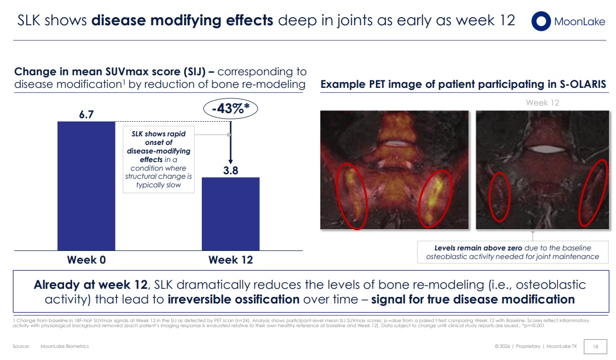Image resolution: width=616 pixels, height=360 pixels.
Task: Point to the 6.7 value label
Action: point(86,115)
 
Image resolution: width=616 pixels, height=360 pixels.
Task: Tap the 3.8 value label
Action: point(231,171)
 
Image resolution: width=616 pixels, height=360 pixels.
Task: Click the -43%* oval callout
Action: point(231,109)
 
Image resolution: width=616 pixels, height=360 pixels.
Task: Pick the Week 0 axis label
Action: point(86,260)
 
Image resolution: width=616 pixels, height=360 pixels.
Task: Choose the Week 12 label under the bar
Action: point(231,260)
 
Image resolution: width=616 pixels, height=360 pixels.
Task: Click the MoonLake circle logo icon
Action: point(540,21)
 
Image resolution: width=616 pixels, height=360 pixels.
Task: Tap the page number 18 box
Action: point(595,346)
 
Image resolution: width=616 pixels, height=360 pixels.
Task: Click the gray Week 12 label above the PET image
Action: point(542,102)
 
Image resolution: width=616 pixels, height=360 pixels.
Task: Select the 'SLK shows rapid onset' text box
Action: point(158,160)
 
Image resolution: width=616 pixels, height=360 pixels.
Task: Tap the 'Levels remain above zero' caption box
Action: point(513,252)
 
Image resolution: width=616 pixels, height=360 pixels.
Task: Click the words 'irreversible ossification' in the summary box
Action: point(234,299)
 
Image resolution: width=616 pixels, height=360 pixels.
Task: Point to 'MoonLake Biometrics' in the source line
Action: point(65,346)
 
